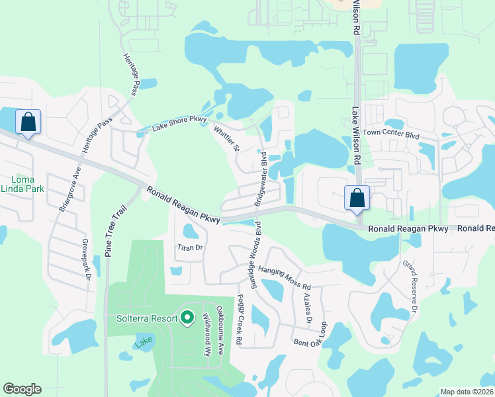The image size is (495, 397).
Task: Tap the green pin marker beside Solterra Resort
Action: click(187, 318)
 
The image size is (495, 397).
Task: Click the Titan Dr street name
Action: click(189, 247)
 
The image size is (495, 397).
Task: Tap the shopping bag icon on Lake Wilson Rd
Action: click(357, 198)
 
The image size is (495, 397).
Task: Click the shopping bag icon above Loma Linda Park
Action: click(28, 122)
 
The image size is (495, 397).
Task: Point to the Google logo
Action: click(22, 389)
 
